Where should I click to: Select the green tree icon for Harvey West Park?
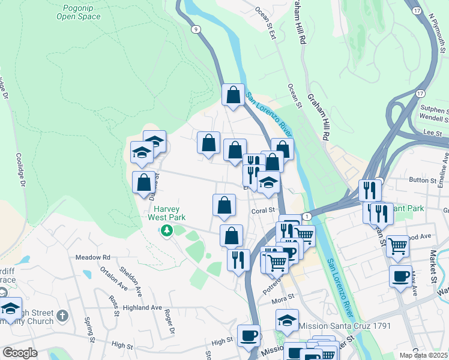pos(170,230)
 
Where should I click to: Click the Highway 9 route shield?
pos(196,29)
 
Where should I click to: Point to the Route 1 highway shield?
pos(307,216)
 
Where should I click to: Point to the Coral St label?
pos(262,211)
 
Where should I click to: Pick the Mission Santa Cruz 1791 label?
pos(345,326)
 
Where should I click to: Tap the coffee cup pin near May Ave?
pos(400,277)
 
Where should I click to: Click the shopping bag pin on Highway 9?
pos(233,95)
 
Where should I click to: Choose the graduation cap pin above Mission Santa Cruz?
pos(288,320)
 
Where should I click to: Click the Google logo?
pos(20,353)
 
